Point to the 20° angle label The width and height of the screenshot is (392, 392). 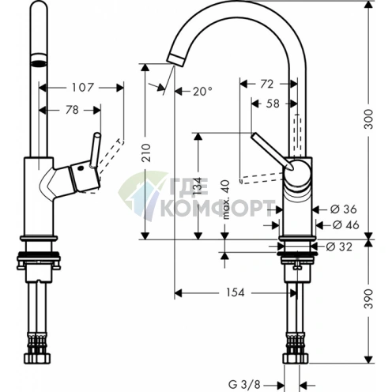pyautogui.click(x=202, y=92)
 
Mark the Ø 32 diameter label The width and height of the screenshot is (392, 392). pyautogui.click(x=341, y=246)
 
